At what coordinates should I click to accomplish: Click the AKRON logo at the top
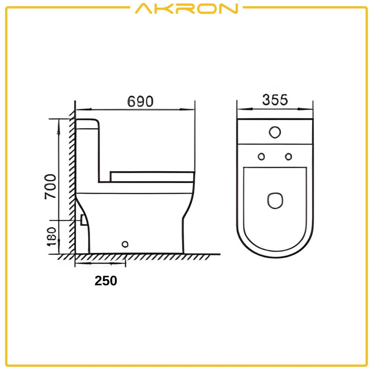[186, 9]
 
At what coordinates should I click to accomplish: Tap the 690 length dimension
[140, 102]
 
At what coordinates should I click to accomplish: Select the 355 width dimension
[275, 100]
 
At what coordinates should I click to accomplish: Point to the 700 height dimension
[51, 186]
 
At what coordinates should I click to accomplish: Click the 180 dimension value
[51, 237]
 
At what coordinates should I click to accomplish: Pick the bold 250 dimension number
[106, 281]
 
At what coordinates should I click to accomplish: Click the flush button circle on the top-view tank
[275, 132]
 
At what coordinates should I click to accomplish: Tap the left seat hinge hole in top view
[261, 156]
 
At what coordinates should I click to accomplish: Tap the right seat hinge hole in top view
[288, 156]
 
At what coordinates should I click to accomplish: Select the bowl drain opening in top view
[275, 200]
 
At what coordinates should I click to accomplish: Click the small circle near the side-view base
[125, 244]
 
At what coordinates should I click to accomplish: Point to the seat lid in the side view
[152, 176]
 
